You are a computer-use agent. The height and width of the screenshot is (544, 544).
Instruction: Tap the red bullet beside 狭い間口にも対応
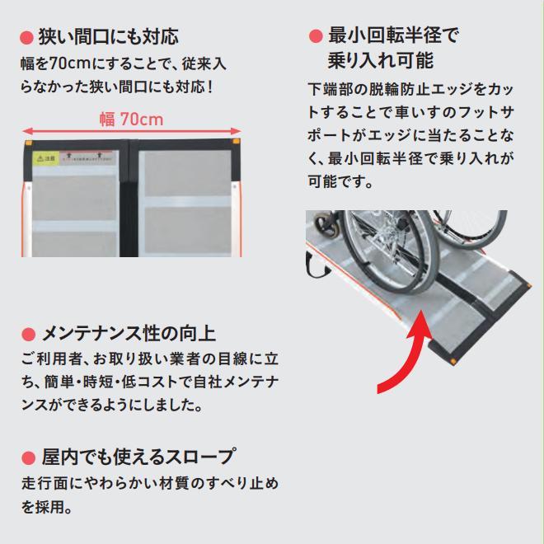point(26,38)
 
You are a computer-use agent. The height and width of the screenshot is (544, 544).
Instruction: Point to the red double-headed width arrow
point(132,131)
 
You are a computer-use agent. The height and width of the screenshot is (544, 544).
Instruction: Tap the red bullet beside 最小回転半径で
point(314,35)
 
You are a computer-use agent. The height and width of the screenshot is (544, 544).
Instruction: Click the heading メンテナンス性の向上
point(129,334)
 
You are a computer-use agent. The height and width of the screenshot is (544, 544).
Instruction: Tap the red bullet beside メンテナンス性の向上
point(27,335)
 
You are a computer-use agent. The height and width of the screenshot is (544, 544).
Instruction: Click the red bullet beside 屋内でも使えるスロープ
point(27,457)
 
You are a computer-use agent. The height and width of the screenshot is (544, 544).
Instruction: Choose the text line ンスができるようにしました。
point(110,406)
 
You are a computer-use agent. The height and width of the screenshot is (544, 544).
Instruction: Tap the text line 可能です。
point(340,181)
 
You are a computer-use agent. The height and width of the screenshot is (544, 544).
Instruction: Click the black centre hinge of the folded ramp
point(129,198)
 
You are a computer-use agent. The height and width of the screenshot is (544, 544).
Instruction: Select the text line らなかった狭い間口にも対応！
point(116,86)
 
